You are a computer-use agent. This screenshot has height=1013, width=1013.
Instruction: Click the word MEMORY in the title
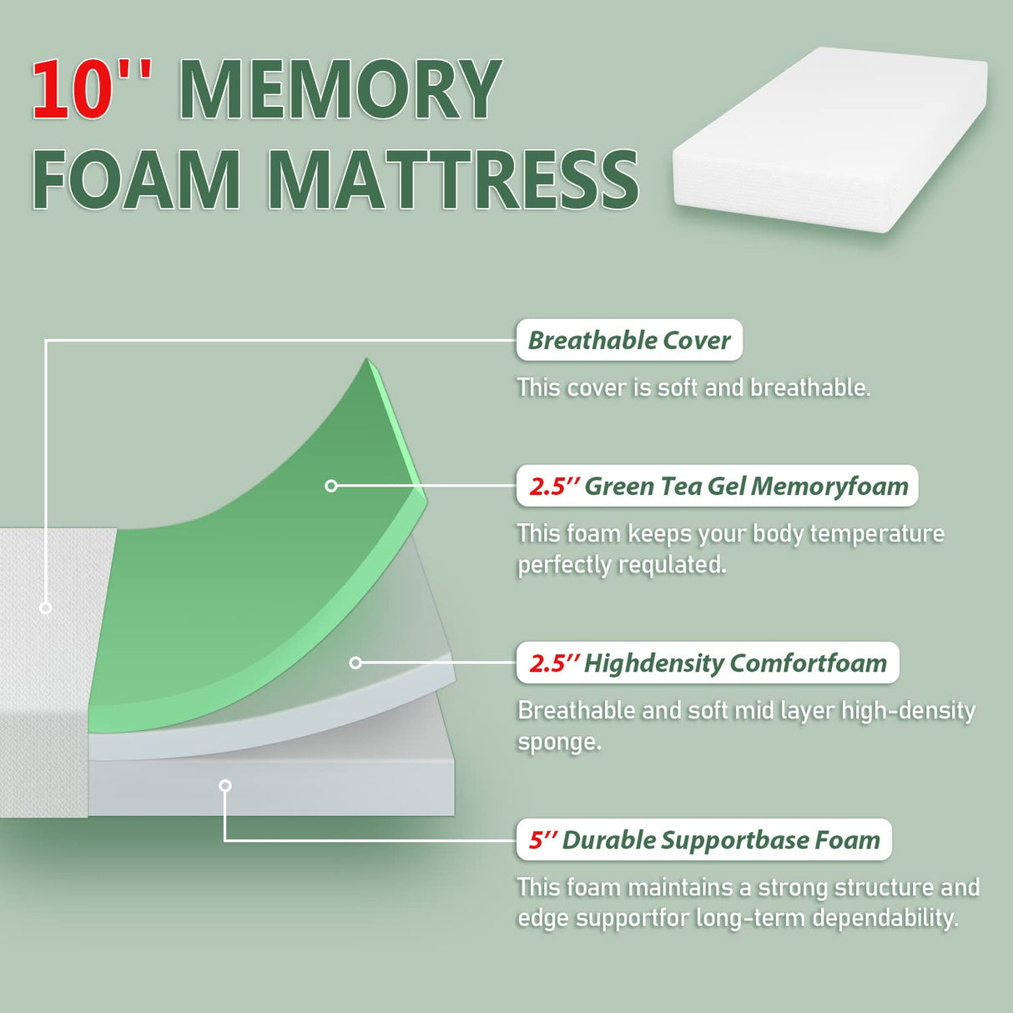pos(340,90)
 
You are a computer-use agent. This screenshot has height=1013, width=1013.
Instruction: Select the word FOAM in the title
pos(136,179)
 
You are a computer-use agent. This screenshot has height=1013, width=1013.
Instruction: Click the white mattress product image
pos(829,138)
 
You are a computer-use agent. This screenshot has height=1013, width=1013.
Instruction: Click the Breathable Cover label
pos(629,340)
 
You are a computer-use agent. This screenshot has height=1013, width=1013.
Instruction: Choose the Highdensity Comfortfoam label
pos(708,663)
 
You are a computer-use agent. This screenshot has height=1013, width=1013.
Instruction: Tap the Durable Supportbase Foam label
pos(704,840)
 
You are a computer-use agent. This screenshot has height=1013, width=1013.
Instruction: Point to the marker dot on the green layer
pos(331,486)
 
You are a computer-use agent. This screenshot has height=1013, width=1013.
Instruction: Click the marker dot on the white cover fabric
pos(46,608)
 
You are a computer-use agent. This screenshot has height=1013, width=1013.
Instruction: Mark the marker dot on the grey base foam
pos(224,785)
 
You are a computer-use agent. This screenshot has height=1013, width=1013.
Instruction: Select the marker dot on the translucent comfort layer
pos(355,663)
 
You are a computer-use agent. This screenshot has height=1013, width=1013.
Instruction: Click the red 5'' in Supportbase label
pos(542,840)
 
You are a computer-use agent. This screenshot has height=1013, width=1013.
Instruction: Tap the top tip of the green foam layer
pos(367,360)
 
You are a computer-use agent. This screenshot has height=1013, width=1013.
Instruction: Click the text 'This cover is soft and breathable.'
pos(693,388)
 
